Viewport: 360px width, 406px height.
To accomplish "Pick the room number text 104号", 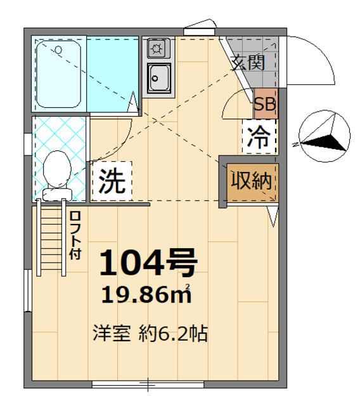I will point(148,263).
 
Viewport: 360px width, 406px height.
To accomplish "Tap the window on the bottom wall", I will point(148,384).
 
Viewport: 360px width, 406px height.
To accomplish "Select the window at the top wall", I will point(203,29).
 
